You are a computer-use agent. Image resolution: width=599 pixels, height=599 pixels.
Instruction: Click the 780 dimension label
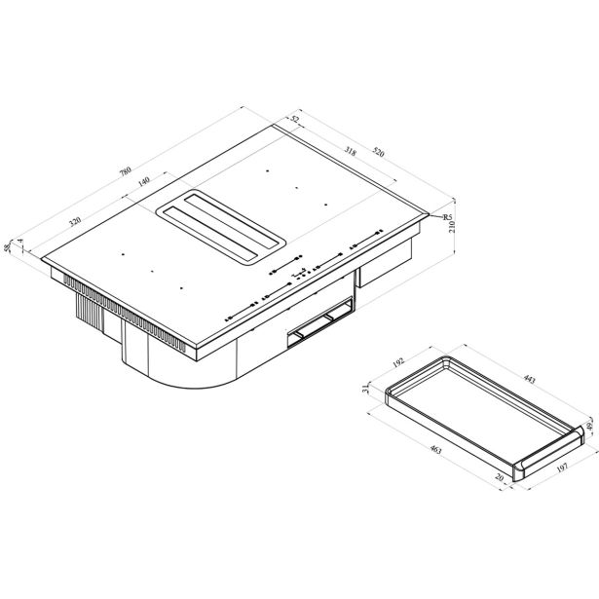(125, 170)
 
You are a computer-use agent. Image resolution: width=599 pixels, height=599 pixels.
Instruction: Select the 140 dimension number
(143, 182)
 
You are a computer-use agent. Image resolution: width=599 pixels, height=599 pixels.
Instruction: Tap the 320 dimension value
(75, 221)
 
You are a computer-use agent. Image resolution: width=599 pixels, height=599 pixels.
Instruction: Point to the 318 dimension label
(350, 152)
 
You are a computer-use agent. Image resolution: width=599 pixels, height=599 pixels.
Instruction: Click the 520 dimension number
(378, 152)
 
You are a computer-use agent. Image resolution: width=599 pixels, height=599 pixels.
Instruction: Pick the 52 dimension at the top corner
(295, 119)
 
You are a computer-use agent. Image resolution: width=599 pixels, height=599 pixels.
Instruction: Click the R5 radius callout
(447, 217)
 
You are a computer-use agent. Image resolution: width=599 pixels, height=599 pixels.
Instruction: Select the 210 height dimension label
(452, 227)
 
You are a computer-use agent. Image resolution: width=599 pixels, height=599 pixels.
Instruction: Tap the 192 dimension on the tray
(398, 362)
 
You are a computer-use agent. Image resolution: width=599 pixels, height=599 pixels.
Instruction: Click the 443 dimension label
(529, 379)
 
